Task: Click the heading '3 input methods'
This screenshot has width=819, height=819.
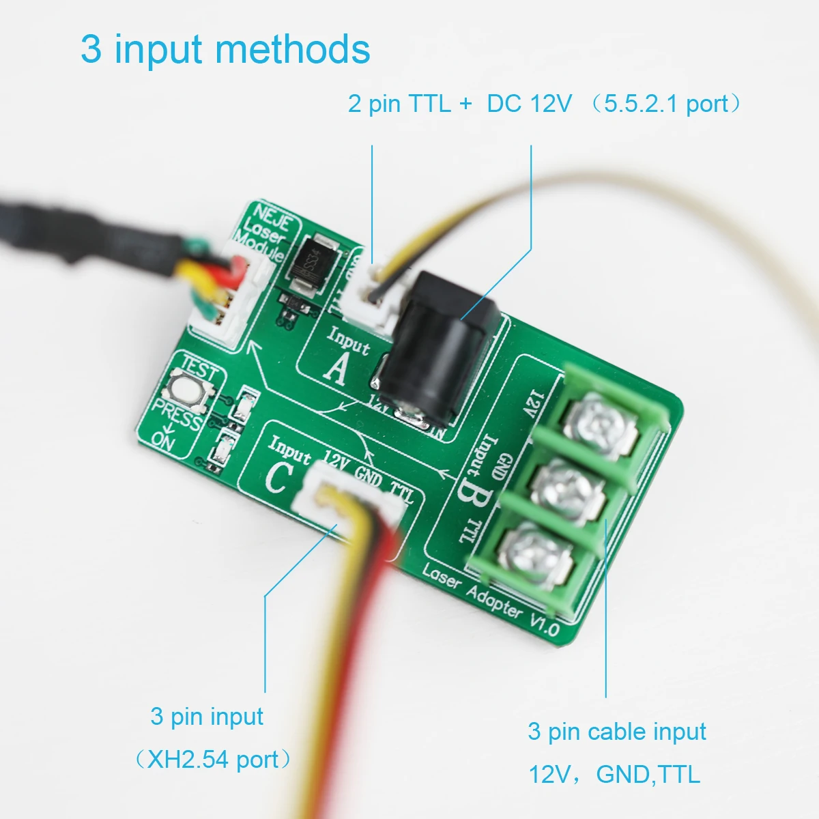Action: click(225, 49)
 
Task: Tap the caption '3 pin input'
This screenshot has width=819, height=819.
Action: click(207, 717)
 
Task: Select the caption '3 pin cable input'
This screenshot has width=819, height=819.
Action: click(616, 732)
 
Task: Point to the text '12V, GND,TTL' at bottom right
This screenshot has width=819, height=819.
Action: click(614, 774)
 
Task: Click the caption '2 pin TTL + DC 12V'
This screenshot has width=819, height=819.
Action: click(460, 104)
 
